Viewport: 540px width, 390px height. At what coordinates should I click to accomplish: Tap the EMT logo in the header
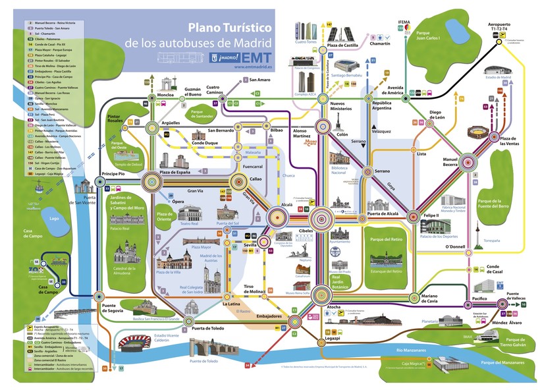click(x=254, y=57)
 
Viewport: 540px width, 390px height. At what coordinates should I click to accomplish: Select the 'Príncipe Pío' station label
click(x=113, y=174)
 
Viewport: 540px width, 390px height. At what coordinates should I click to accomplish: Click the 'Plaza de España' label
click(x=175, y=172)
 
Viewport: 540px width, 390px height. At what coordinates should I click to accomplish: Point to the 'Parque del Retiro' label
click(x=386, y=239)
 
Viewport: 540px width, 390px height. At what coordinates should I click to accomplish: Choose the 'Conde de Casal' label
click(x=497, y=270)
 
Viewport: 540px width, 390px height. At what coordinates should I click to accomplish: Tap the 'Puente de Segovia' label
click(x=113, y=310)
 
